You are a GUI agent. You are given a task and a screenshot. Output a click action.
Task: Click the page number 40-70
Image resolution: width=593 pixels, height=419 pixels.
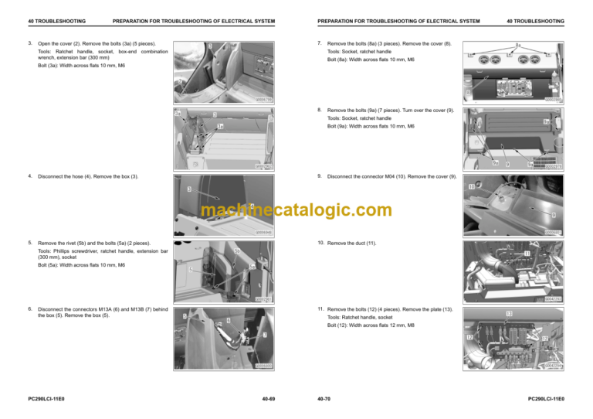324,400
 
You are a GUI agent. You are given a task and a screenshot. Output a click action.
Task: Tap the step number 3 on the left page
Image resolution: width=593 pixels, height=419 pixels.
29,43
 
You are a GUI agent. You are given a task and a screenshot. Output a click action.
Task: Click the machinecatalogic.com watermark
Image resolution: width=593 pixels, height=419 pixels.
296,210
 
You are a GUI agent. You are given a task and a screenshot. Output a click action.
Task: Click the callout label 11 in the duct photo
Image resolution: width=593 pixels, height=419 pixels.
527,253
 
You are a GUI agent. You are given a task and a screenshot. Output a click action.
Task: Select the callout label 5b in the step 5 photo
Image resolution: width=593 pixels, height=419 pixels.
237,250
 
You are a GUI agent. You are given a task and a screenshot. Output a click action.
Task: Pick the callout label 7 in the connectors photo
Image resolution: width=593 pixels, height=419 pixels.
265,335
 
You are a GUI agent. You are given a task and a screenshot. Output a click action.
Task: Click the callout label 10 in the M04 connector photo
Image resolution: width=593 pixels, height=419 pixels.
470,187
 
